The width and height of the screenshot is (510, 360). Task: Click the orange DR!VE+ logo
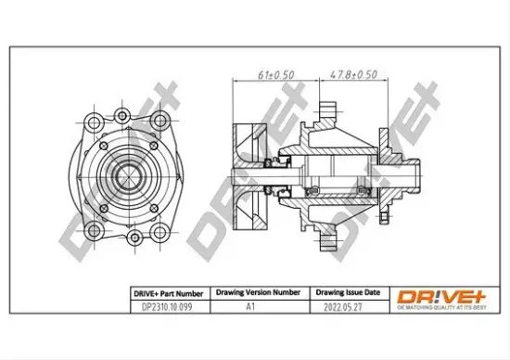[x=435, y=295]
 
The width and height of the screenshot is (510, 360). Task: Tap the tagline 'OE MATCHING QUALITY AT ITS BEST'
[x=435, y=308]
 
